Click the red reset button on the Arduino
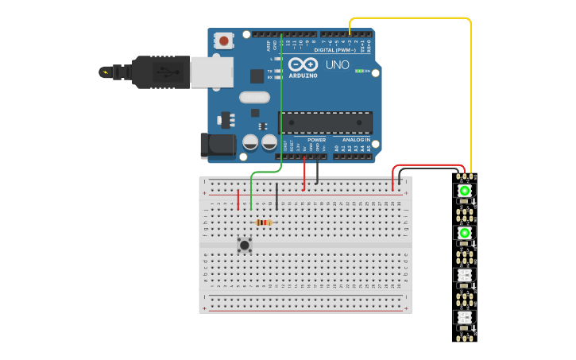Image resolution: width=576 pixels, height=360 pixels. pyautogui.click(x=224, y=41)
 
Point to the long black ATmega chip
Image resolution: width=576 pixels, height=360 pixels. pyautogui.click(x=325, y=123)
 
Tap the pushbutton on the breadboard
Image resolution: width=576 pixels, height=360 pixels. pyautogui.click(x=245, y=245)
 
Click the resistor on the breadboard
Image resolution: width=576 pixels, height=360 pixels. pyautogui.click(x=264, y=223)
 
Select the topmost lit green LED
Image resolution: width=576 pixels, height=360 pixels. pyautogui.click(x=465, y=191)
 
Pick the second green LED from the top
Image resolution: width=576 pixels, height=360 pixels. pyautogui.click(x=465, y=233)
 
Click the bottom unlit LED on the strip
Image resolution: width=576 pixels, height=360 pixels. pyautogui.click(x=465, y=317)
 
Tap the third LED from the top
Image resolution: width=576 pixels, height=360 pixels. pyautogui.click(x=465, y=275)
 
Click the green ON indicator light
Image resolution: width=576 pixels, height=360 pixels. pyautogui.click(x=359, y=71)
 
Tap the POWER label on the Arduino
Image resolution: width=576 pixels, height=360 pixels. pyautogui.click(x=316, y=140)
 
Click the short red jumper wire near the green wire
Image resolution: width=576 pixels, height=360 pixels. pyautogui.click(x=238, y=199)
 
